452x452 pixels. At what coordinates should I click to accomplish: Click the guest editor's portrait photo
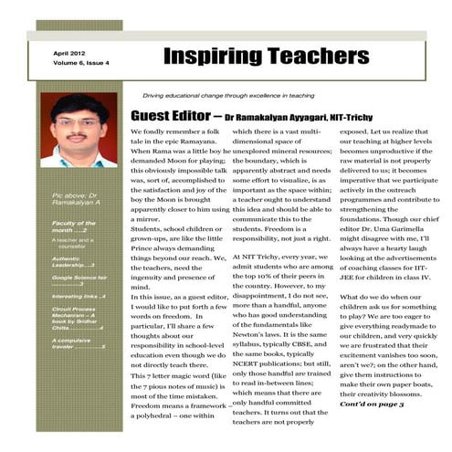click(x=79, y=130)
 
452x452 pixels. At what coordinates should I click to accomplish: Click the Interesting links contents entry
click(x=79, y=297)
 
